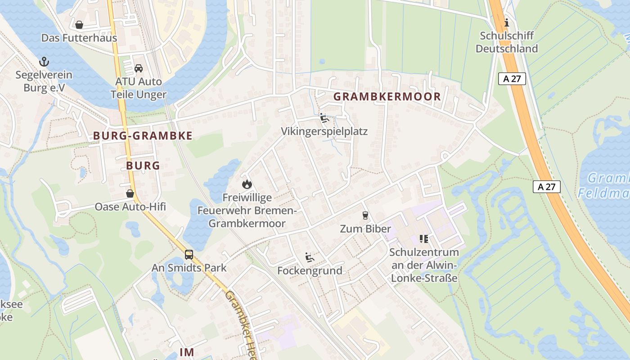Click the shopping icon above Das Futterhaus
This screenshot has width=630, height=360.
point(79,25)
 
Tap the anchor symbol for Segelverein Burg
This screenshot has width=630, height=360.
point(44,62)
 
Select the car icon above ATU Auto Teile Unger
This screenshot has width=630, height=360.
point(139,68)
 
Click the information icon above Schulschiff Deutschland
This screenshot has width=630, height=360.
point(507,22)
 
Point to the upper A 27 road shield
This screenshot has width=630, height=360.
point(512,79)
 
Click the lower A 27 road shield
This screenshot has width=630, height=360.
point(547,187)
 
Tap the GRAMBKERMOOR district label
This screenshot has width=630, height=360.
point(387,96)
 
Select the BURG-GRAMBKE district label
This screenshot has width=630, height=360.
point(143,135)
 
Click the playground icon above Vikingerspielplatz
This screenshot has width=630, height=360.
point(324,118)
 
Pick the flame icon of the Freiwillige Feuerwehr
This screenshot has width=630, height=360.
point(247,184)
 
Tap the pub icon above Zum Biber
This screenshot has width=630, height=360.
point(365,216)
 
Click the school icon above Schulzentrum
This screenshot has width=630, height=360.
point(423,238)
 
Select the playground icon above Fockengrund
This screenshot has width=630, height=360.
point(310,257)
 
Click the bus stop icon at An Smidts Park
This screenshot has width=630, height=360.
point(189,255)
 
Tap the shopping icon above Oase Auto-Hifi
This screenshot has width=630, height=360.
point(130,193)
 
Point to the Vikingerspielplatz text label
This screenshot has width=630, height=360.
point(324,131)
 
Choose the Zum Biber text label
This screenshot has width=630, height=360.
point(365,229)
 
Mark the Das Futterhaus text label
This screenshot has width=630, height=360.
point(79,38)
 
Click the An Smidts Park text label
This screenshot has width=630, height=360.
point(189,268)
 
